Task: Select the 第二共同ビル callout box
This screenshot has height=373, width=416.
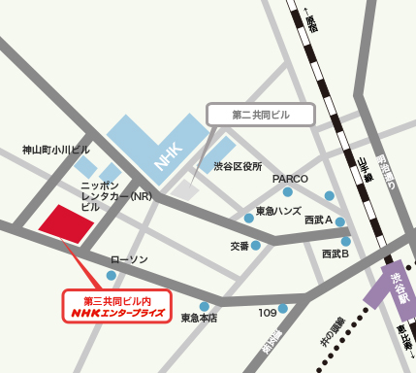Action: tap(261, 114)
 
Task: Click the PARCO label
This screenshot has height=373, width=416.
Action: tap(289, 179)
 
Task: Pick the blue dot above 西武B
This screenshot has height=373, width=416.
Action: tap(345, 241)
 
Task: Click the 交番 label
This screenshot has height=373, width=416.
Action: tap(240, 246)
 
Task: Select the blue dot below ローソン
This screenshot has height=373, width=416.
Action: tap(112, 276)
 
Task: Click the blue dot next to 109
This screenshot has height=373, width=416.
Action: tap(282, 309)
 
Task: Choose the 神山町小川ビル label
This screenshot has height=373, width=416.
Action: tap(56, 150)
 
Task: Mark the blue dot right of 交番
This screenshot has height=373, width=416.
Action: tap(256, 245)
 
